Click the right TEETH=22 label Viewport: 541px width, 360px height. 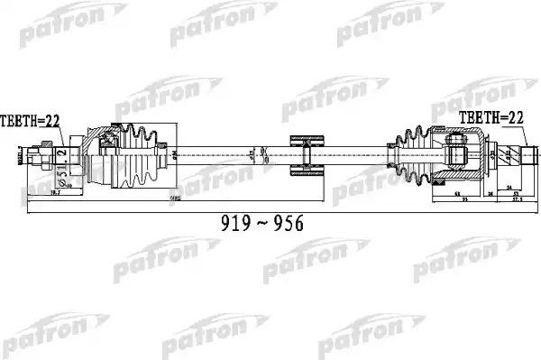(x=492, y=118)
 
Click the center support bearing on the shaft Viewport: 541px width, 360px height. (x=304, y=156)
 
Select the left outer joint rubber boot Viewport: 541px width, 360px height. (x=139, y=156)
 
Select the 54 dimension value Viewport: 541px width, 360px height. (x=513, y=189)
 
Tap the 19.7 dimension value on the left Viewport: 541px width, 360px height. (x=54, y=193)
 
